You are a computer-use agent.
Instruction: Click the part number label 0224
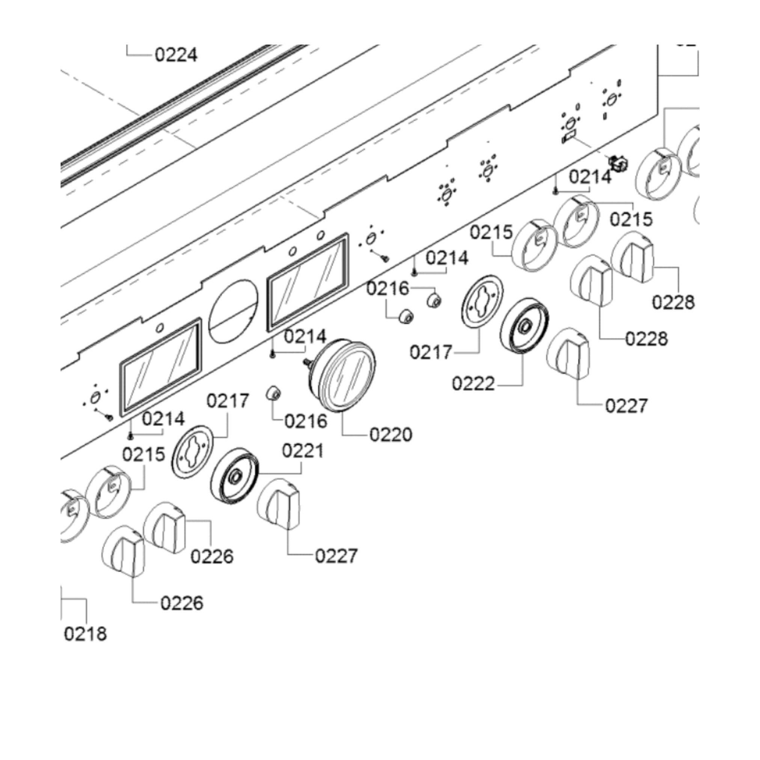(x=176, y=55)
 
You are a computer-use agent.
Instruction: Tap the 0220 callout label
(x=391, y=435)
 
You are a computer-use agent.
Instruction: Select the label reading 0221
(x=303, y=451)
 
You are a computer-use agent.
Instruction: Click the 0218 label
(x=85, y=634)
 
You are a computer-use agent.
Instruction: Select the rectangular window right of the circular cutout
(x=308, y=280)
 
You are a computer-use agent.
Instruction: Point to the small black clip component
(x=618, y=164)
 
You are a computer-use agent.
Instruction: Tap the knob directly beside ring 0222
(x=568, y=354)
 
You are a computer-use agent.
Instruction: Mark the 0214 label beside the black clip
(x=590, y=176)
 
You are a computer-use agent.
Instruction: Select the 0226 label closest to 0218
(x=182, y=603)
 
